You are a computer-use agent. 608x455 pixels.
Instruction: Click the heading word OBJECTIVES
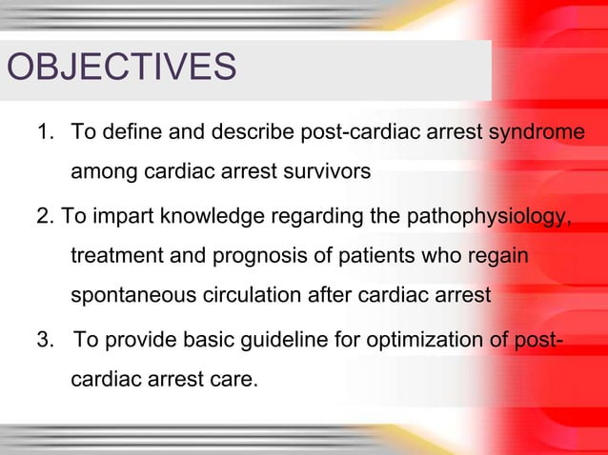[x=121, y=69]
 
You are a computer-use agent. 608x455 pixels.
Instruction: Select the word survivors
[x=316, y=174]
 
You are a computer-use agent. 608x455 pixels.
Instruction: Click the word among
[x=104, y=174]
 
